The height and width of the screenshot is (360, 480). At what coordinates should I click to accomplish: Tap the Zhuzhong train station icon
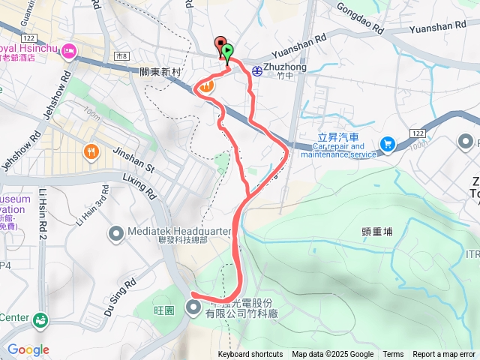[257, 70]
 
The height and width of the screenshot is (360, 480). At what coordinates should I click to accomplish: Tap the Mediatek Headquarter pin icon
[115, 234]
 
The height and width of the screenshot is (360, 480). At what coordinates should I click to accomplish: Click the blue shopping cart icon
[388, 144]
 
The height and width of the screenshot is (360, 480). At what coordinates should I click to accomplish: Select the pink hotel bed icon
[70, 51]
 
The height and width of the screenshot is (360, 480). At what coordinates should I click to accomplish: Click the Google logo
[28, 349]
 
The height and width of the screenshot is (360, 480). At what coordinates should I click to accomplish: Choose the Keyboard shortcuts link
[250, 355]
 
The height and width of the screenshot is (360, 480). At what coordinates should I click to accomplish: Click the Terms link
[393, 355]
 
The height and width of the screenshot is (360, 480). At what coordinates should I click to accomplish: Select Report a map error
[445, 355]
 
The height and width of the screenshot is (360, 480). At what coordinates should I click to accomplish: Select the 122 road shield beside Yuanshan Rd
[417, 133]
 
